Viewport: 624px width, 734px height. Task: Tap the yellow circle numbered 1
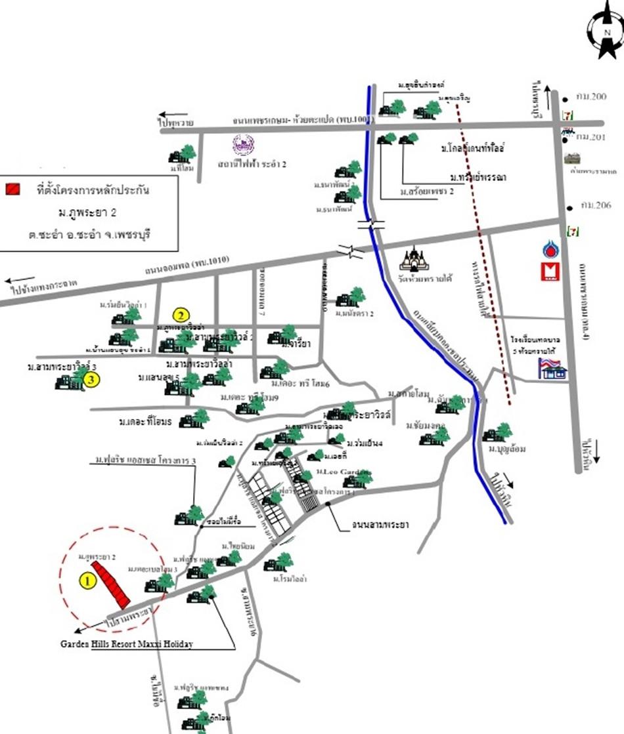85,580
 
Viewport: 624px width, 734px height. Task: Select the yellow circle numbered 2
181,315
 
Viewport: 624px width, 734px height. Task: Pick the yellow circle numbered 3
92,379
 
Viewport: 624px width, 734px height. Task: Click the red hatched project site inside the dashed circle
110,583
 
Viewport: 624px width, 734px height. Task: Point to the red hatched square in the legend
12,190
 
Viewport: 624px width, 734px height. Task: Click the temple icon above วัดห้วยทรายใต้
415,258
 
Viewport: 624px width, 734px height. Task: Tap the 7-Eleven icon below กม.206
572,231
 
